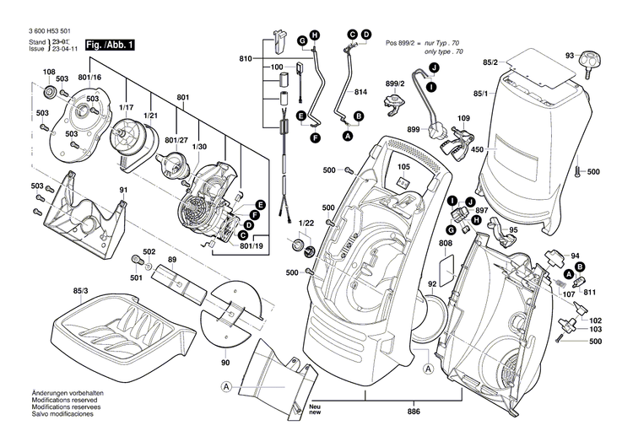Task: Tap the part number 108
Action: [50, 73]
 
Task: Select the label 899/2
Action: [394, 83]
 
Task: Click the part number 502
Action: [149, 251]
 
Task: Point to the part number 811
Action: [589, 291]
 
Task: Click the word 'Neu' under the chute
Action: [315, 406]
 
